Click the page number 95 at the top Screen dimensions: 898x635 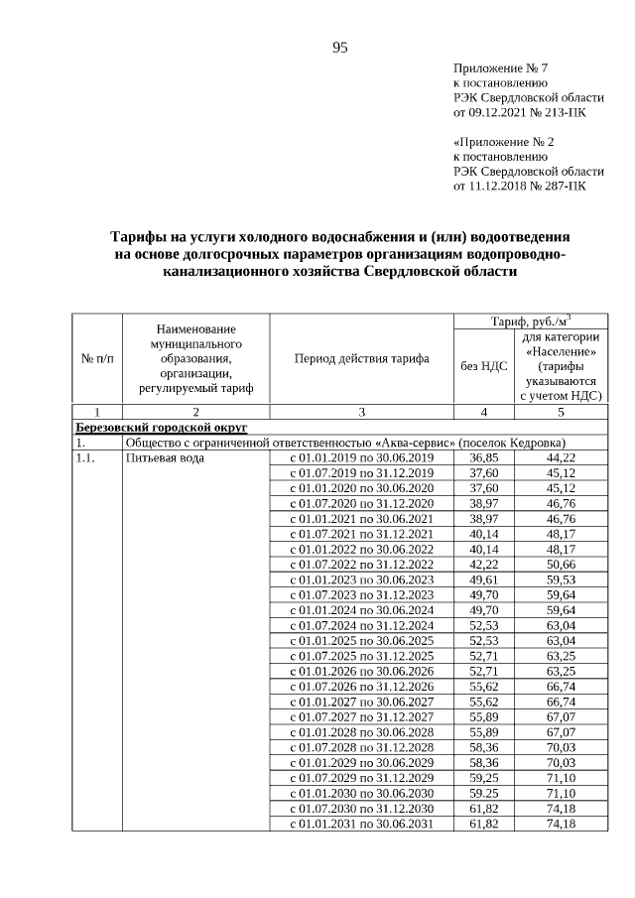pos(339,48)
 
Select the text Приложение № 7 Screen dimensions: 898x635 pos(500,68)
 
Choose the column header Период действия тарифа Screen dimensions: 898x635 pos(361,358)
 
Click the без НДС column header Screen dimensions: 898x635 pos(483,365)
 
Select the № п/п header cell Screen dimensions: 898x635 pos(96,358)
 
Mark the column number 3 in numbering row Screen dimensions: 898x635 pos(361,411)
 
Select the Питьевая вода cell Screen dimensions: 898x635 pos(164,457)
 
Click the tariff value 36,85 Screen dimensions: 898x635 pos(483,457)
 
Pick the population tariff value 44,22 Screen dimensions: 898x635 pos(561,457)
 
